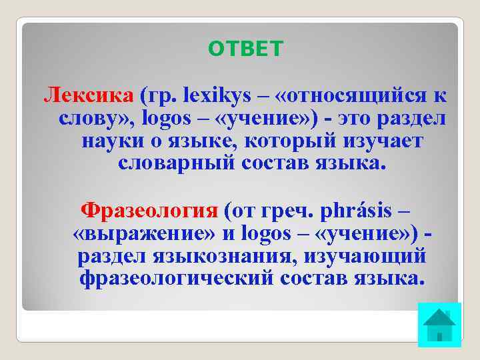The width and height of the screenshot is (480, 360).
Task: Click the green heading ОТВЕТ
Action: [245, 49]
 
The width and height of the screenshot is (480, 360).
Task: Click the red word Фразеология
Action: [149, 211]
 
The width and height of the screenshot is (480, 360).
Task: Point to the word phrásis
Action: [354, 211]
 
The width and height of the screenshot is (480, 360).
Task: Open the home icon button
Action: [439, 325]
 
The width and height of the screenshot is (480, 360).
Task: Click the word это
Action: [369, 119]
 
